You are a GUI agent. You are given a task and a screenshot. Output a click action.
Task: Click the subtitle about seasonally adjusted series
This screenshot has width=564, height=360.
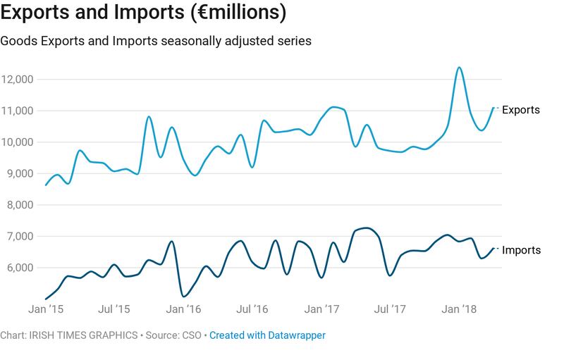(156, 41)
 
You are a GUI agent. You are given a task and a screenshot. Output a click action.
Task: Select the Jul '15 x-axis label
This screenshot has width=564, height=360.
(114, 309)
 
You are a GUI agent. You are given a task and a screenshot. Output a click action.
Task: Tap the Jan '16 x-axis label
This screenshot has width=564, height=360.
(184, 309)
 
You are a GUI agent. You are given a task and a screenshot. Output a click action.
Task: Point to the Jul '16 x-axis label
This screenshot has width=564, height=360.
(252, 309)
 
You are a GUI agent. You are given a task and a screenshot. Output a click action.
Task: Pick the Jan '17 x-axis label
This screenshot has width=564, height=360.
(323, 309)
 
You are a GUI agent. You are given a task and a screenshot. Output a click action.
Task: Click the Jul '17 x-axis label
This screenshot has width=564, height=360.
(391, 309)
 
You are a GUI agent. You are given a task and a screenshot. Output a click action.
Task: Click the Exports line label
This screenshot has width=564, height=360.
(521, 110)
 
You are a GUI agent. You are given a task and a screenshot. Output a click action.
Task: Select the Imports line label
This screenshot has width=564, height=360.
(522, 250)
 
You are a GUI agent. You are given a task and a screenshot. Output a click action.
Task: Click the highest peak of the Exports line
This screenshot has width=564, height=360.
(459, 68)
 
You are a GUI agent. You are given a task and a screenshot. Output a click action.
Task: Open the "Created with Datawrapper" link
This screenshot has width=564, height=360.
(267, 336)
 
